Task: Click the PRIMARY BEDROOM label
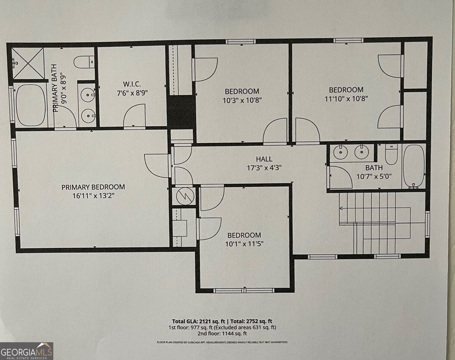[x=93, y=187]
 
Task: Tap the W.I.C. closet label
[x=132, y=84]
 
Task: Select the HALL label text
[x=264, y=159]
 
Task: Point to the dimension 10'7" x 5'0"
[x=374, y=176]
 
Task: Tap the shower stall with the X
[x=28, y=64]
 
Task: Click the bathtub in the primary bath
[x=30, y=105]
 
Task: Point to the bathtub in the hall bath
[x=414, y=166]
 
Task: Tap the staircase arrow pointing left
[x=342, y=208]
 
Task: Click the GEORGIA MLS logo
[x=26, y=351]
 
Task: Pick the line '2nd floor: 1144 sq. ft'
[x=222, y=334]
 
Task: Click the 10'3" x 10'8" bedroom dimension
[x=242, y=100]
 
